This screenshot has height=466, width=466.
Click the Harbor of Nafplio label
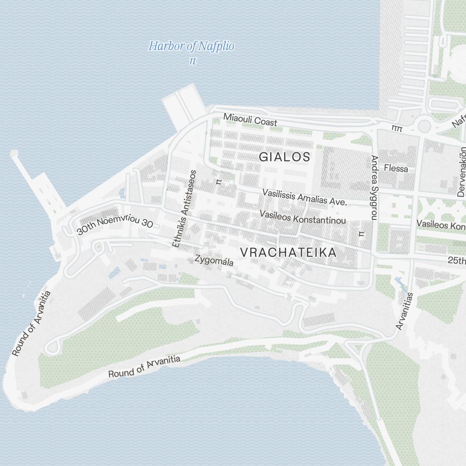point(191,47)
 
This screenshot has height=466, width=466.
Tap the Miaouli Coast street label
point(250,120)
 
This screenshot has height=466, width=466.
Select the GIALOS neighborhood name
point(284,157)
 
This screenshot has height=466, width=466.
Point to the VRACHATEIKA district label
point(288,253)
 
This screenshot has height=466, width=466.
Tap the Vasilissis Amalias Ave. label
point(305,197)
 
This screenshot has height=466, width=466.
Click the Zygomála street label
point(214,260)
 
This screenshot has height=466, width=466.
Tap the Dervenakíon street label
point(462,172)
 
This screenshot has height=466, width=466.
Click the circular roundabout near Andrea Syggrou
point(424,125)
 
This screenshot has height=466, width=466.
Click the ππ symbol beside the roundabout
point(397,127)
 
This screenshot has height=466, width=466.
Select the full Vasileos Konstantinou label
point(303,217)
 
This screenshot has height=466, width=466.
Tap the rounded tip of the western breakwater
point(14,153)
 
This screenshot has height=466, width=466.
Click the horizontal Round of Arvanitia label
point(144,366)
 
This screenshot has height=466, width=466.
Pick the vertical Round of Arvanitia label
point(31,324)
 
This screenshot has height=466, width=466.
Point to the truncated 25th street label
point(457,260)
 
